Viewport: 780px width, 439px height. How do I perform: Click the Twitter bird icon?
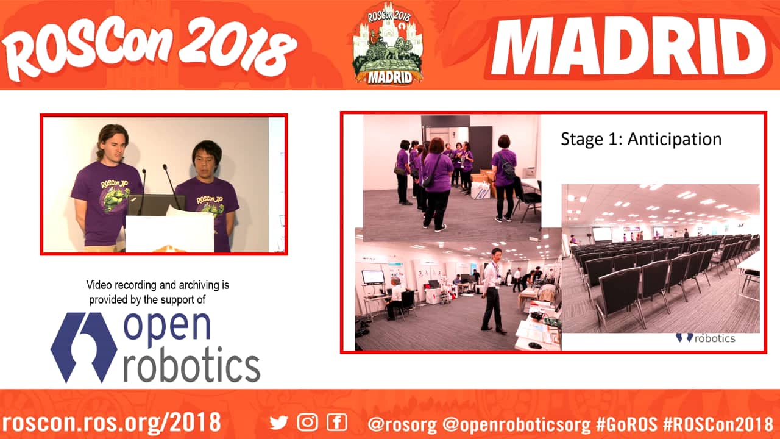click(278, 423)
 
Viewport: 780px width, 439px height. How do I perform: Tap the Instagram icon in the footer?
click(307, 423)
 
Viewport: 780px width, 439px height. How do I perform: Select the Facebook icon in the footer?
click(337, 423)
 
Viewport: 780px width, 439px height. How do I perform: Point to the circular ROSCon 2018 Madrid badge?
click(388, 43)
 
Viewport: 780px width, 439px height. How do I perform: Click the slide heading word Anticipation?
click(675, 140)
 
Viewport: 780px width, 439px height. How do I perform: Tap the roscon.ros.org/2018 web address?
click(112, 423)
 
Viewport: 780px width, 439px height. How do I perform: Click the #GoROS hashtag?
click(626, 424)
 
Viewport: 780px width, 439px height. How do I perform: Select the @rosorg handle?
click(402, 424)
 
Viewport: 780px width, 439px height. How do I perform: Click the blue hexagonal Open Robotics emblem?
click(83, 348)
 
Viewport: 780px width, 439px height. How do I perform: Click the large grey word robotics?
click(192, 365)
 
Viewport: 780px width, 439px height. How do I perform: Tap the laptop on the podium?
click(156, 205)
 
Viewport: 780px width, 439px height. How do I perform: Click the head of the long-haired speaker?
click(112, 143)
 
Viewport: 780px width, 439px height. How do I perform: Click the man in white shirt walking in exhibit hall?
click(493, 290)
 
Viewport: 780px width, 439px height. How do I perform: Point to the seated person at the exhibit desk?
click(394, 298)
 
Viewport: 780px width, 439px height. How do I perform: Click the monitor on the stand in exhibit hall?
click(374, 277)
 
